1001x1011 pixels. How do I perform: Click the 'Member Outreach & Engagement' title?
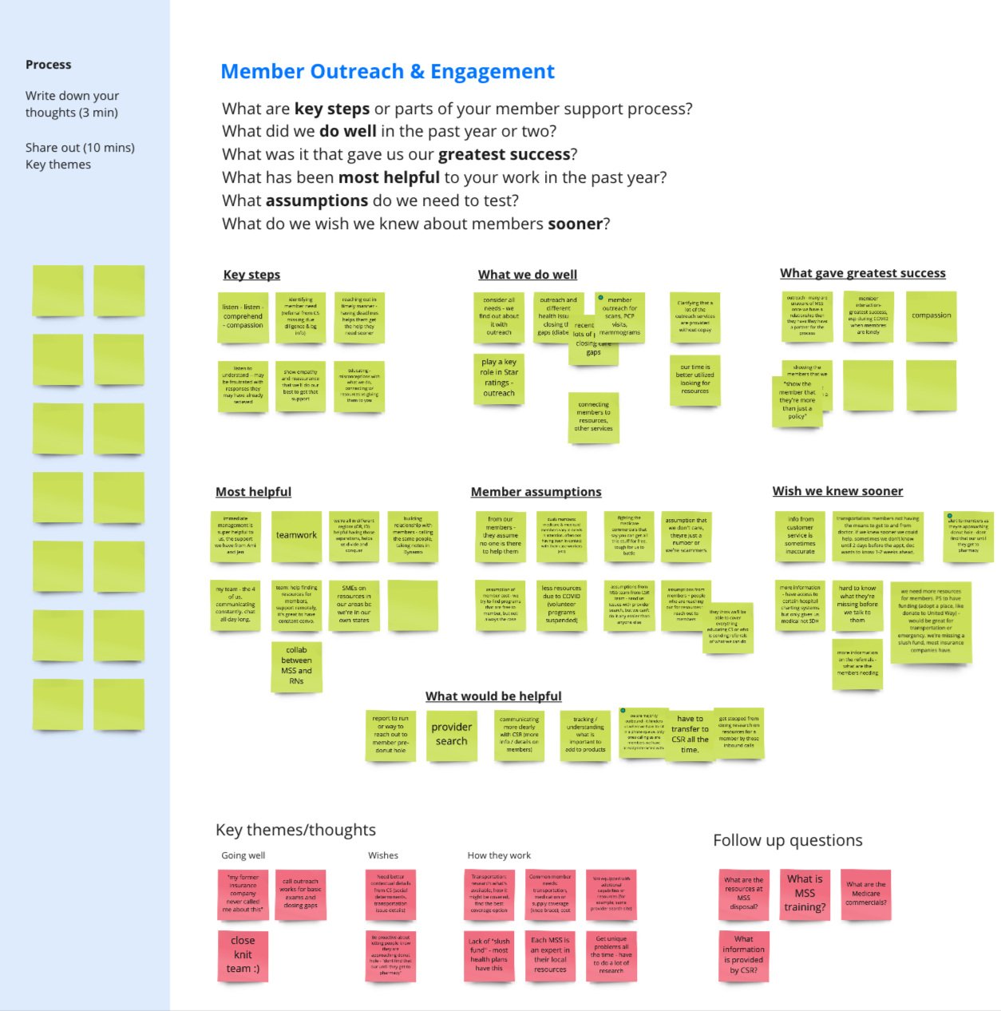(x=387, y=72)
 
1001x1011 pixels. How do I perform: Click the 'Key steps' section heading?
(x=251, y=275)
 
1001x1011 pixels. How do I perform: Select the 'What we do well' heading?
(x=528, y=275)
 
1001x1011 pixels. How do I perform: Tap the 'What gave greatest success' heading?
(x=862, y=273)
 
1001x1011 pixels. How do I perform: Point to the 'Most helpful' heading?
(x=253, y=492)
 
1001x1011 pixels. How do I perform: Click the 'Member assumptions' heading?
(x=536, y=492)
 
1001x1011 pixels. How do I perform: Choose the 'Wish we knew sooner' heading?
(x=837, y=491)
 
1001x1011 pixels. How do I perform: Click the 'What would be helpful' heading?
(x=493, y=696)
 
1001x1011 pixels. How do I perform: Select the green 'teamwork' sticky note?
(x=296, y=535)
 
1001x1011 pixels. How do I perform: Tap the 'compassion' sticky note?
(x=931, y=315)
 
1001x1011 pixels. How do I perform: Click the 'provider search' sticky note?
(x=451, y=734)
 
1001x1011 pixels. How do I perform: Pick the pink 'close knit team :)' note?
(x=243, y=954)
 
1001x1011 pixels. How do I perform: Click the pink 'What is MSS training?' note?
(x=805, y=893)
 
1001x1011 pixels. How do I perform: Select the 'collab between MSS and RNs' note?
(x=296, y=666)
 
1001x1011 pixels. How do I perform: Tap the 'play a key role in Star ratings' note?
(x=499, y=377)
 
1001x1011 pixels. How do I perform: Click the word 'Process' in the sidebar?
(x=48, y=65)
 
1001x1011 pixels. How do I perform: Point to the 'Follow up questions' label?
(x=787, y=840)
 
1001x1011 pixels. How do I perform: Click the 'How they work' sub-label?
(x=499, y=855)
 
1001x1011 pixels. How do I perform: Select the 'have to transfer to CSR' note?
(x=690, y=734)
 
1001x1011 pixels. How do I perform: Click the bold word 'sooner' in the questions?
(x=575, y=224)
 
